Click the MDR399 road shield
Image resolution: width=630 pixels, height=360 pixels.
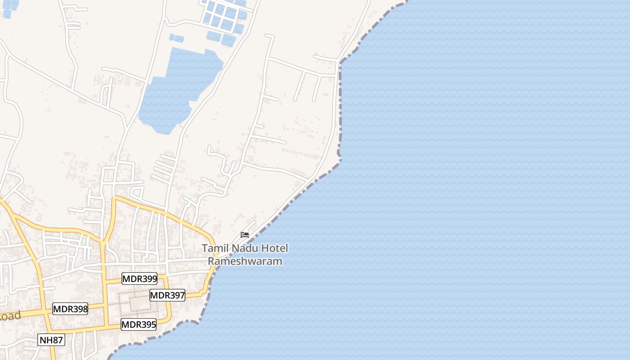tap(139, 279)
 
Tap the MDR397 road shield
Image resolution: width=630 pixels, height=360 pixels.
tap(167, 295)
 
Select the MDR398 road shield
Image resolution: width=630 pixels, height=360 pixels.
tap(70, 309)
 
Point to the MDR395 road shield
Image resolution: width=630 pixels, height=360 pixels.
tap(139, 324)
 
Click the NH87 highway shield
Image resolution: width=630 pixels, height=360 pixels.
tap(51, 340)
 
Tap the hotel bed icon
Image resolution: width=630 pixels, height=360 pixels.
tap(245, 234)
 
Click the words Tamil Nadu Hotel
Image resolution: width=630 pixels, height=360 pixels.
tap(245, 248)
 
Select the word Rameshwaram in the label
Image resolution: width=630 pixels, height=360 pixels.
tap(245, 261)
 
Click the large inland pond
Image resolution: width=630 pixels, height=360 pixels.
tap(175, 90)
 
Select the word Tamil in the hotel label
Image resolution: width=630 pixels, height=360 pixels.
tap(214, 248)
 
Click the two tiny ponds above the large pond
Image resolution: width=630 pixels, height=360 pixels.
tap(176, 38)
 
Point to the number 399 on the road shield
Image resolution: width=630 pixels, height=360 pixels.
tap(147, 279)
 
